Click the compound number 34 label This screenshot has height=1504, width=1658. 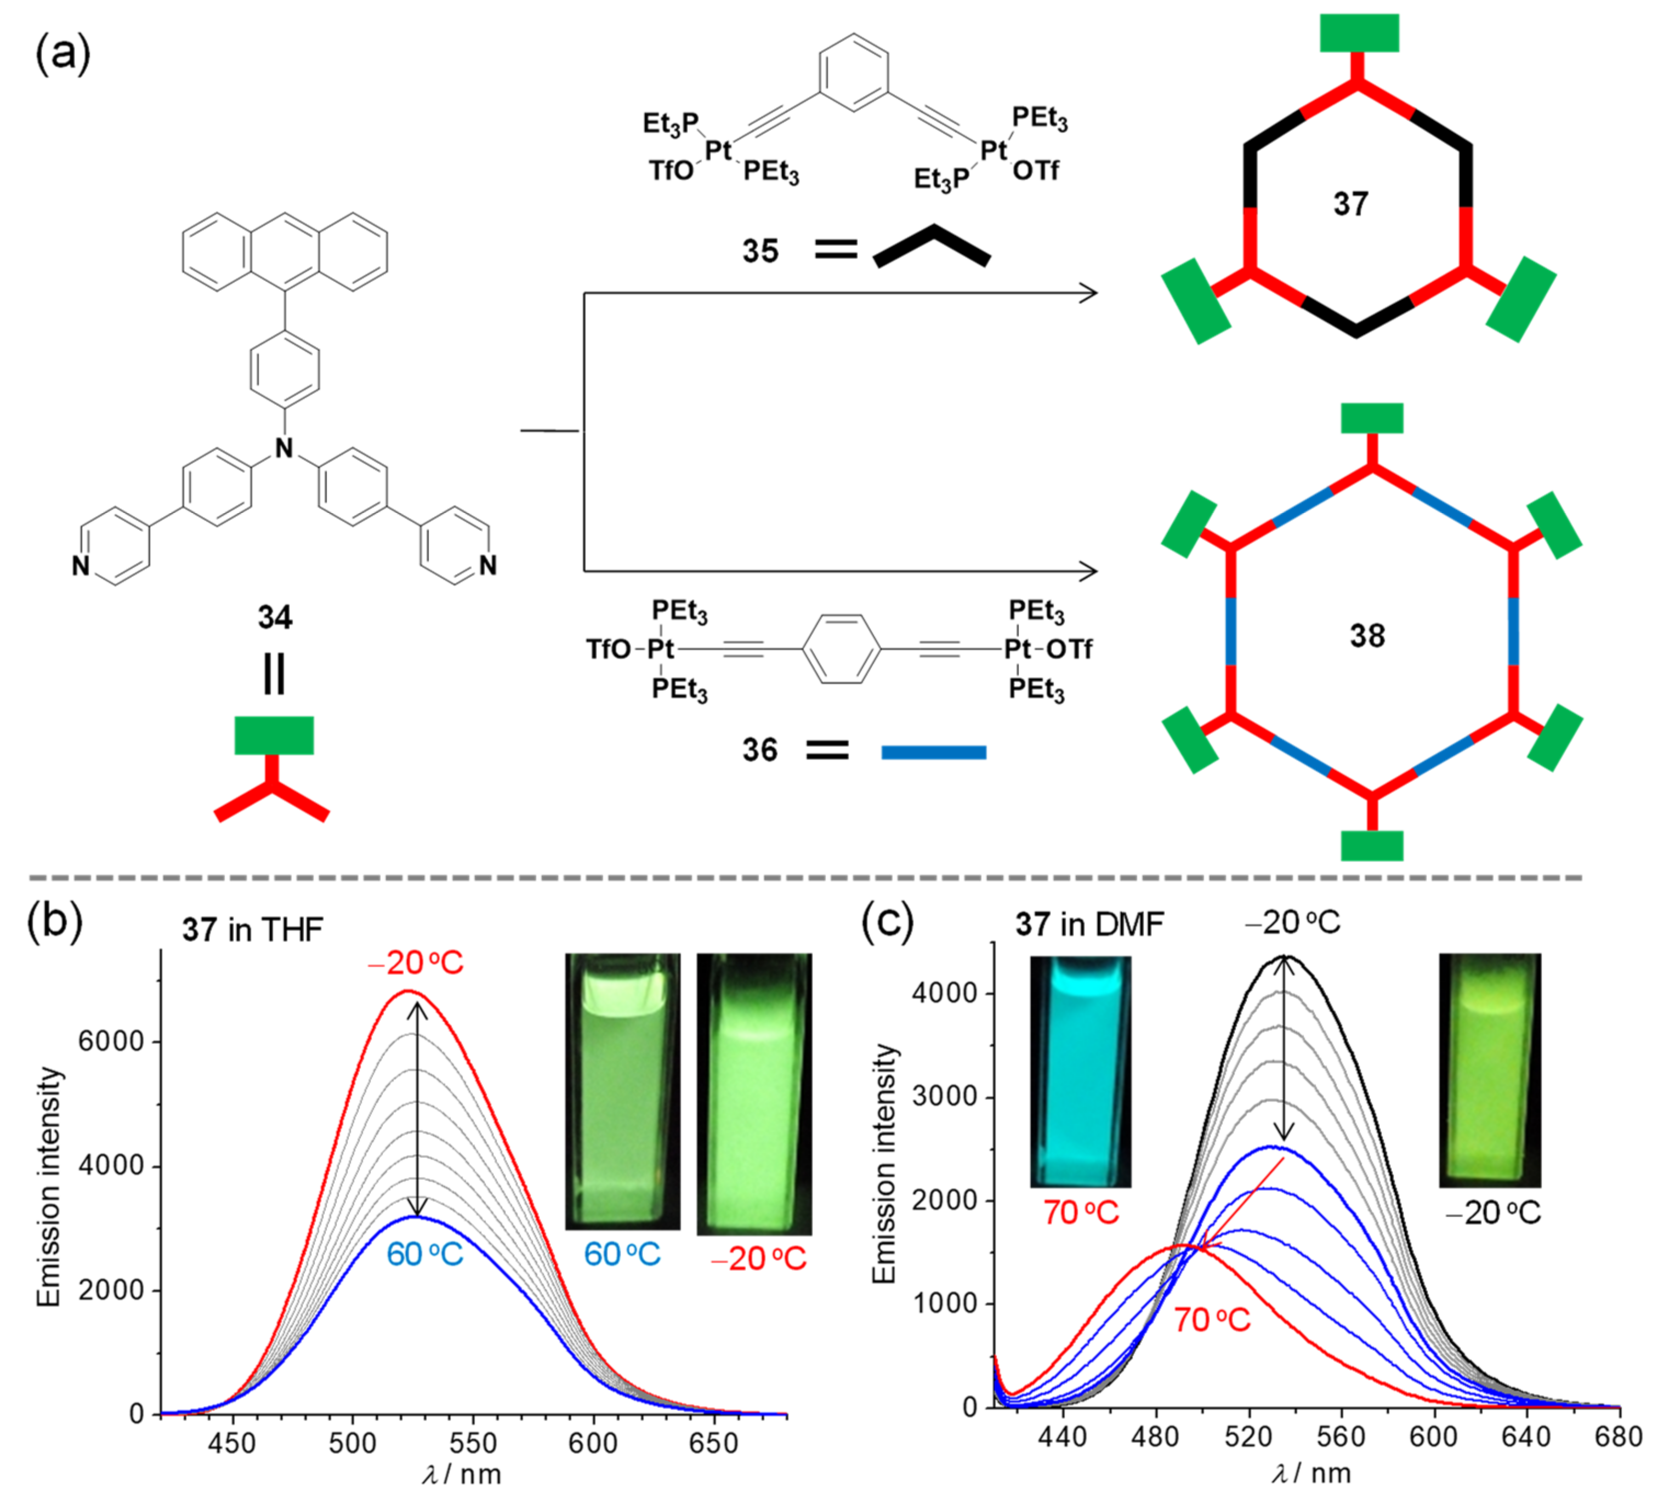(x=275, y=617)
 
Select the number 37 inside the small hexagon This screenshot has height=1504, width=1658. (x=1350, y=204)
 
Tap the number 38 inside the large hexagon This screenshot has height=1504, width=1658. (x=1367, y=636)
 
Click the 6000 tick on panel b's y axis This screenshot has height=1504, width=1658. (x=110, y=1042)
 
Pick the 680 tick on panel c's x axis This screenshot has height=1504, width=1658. (x=1620, y=1437)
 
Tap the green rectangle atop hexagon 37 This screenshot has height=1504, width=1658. (x=1359, y=33)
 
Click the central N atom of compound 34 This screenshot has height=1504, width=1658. (x=285, y=448)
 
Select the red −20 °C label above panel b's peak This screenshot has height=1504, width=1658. (x=416, y=963)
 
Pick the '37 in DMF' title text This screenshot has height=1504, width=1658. (x=1090, y=924)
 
